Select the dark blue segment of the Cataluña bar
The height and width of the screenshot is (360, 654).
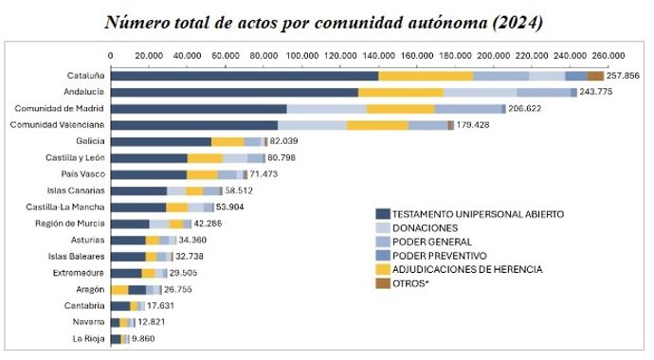(245, 76)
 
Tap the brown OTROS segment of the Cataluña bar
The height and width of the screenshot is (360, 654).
(596, 76)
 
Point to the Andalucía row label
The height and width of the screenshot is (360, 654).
(82, 92)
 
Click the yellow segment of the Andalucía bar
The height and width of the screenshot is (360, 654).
(401, 92)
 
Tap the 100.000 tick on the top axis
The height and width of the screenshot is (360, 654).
(302, 55)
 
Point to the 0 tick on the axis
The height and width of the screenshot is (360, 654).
(111, 55)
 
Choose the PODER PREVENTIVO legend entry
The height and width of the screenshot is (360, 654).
(439, 256)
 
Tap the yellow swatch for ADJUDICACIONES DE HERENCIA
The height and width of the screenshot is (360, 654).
(382, 270)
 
